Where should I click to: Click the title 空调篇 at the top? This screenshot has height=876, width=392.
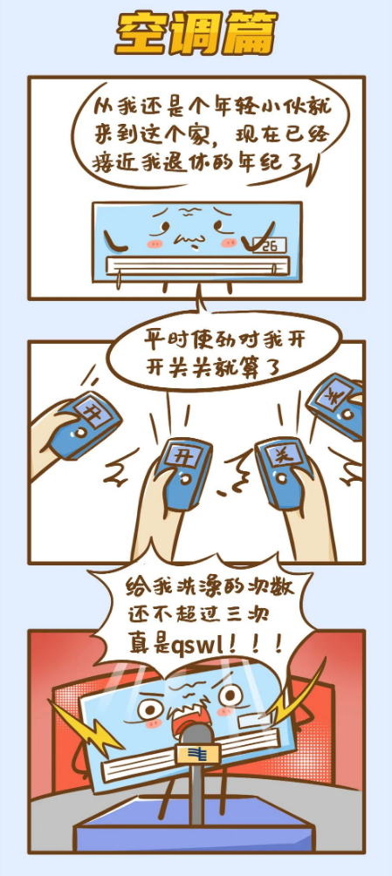[x=196, y=35]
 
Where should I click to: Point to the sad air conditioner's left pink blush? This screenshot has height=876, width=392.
[x=155, y=243]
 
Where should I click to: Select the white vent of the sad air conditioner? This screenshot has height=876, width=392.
[x=196, y=263]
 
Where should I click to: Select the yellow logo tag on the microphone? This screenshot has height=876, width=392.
[x=198, y=754]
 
